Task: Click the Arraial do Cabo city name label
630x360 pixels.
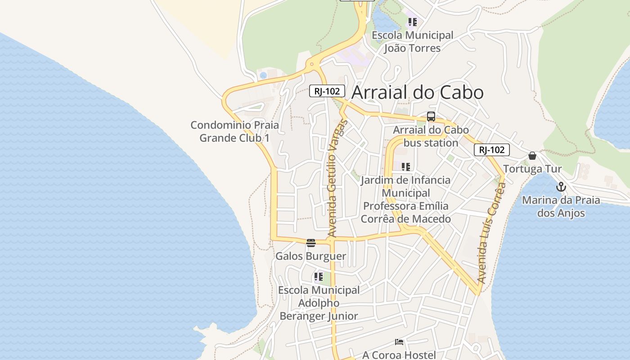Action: point(417,92)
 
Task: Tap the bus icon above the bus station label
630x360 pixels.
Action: point(431,117)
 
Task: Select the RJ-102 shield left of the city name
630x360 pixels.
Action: point(327,91)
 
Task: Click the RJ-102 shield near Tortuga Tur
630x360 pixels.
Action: point(492,150)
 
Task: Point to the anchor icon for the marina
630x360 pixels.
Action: point(561,187)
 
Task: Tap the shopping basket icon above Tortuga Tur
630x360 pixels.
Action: point(532,156)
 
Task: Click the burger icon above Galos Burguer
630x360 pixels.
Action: point(311,243)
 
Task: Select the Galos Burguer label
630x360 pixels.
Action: point(311,256)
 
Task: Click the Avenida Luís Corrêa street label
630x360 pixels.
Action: point(491,233)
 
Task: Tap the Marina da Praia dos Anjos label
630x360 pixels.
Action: point(561,207)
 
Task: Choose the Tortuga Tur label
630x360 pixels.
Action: point(532,169)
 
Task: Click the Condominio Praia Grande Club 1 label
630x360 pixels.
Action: point(234,131)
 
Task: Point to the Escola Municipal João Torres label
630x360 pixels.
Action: point(412,41)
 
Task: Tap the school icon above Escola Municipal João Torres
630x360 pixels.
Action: point(413,22)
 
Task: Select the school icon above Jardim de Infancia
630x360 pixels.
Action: point(406,167)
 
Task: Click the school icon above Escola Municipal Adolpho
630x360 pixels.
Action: point(319,277)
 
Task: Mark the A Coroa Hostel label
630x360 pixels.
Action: point(399,355)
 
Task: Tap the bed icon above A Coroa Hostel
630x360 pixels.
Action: point(399,342)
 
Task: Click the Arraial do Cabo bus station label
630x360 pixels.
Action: point(431,136)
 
